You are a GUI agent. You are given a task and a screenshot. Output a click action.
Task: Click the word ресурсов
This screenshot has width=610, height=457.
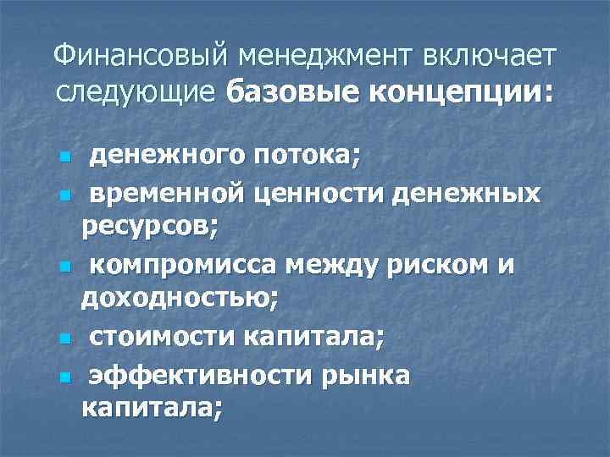pos(149,228)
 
